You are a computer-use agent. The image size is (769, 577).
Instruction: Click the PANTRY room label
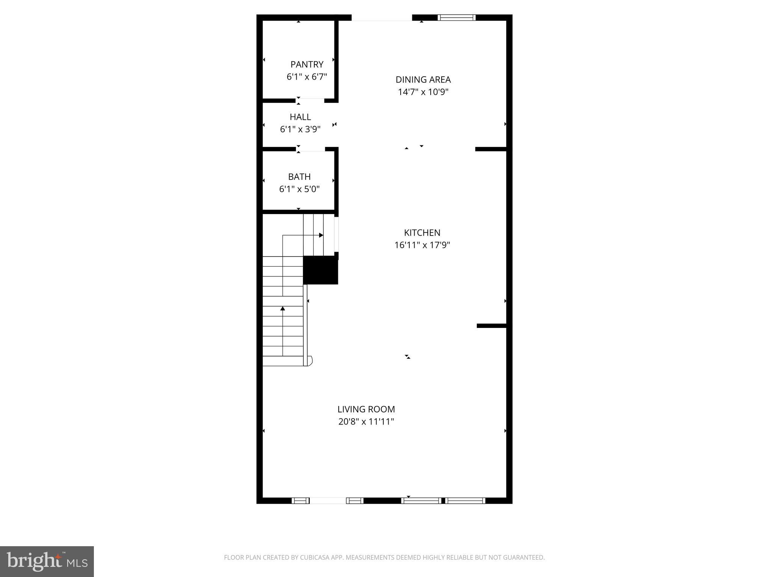point(307,65)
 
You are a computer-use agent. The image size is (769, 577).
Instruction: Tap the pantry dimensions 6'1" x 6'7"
point(307,77)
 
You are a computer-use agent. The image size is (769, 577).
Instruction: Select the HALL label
point(300,117)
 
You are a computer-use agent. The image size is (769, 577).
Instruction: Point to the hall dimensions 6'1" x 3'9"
point(300,129)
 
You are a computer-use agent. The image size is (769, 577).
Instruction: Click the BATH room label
point(299,177)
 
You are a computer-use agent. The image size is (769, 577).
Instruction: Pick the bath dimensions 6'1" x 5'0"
point(299,189)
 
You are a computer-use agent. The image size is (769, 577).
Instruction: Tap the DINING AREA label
point(423,80)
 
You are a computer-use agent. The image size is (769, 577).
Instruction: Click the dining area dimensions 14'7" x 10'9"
point(423,92)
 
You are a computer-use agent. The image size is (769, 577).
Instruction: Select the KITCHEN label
point(422,233)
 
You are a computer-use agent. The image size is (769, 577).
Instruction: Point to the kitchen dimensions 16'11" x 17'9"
point(422,245)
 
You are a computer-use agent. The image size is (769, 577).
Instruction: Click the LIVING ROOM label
point(366,409)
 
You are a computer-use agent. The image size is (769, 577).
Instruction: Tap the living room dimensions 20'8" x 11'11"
point(366,422)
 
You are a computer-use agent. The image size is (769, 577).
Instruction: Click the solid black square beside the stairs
point(320,270)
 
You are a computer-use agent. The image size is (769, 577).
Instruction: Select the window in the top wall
point(457,17)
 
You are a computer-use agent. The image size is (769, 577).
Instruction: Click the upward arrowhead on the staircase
point(283,309)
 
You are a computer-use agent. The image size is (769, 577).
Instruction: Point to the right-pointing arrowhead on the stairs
point(321,235)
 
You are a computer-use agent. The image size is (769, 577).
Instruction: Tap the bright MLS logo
point(47,562)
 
